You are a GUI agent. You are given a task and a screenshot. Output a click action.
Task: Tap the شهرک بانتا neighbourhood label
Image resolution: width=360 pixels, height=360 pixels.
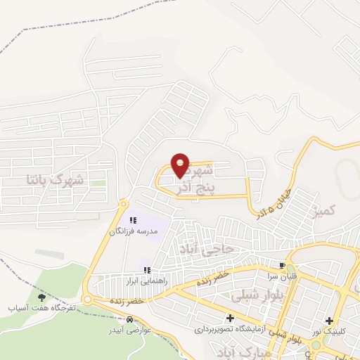click(x=54, y=179)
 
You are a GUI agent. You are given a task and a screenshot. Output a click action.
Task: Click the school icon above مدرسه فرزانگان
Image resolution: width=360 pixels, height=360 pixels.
click(x=133, y=221)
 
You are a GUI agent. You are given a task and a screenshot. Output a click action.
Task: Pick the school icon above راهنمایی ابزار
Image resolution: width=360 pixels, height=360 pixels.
click(x=147, y=270)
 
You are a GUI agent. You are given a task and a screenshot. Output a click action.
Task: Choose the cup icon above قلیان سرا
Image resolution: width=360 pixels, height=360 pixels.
click(x=282, y=266)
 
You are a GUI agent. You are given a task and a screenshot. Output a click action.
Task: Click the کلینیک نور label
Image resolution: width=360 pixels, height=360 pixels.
click(x=328, y=330)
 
